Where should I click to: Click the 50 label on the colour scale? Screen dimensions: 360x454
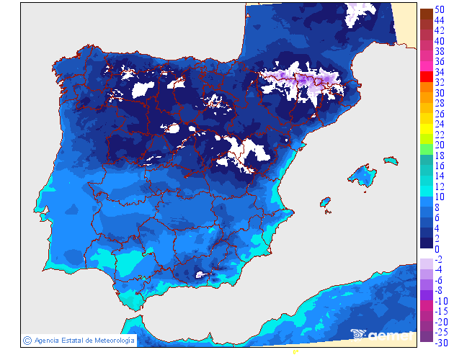click(x=440, y=11)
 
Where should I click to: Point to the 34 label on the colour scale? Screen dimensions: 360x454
click(x=440, y=73)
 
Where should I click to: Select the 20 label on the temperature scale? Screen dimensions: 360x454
click(x=440, y=145)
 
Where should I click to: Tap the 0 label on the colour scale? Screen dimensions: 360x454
click(x=437, y=250)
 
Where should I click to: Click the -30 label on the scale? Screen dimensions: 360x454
click(x=440, y=343)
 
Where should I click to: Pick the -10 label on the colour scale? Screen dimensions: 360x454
click(x=440, y=301)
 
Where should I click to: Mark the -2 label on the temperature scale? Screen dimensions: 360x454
click(x=439, y=260)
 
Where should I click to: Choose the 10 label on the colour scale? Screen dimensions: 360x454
click(x=440, y=197)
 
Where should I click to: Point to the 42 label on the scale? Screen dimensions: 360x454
click(x=440, y=31)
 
